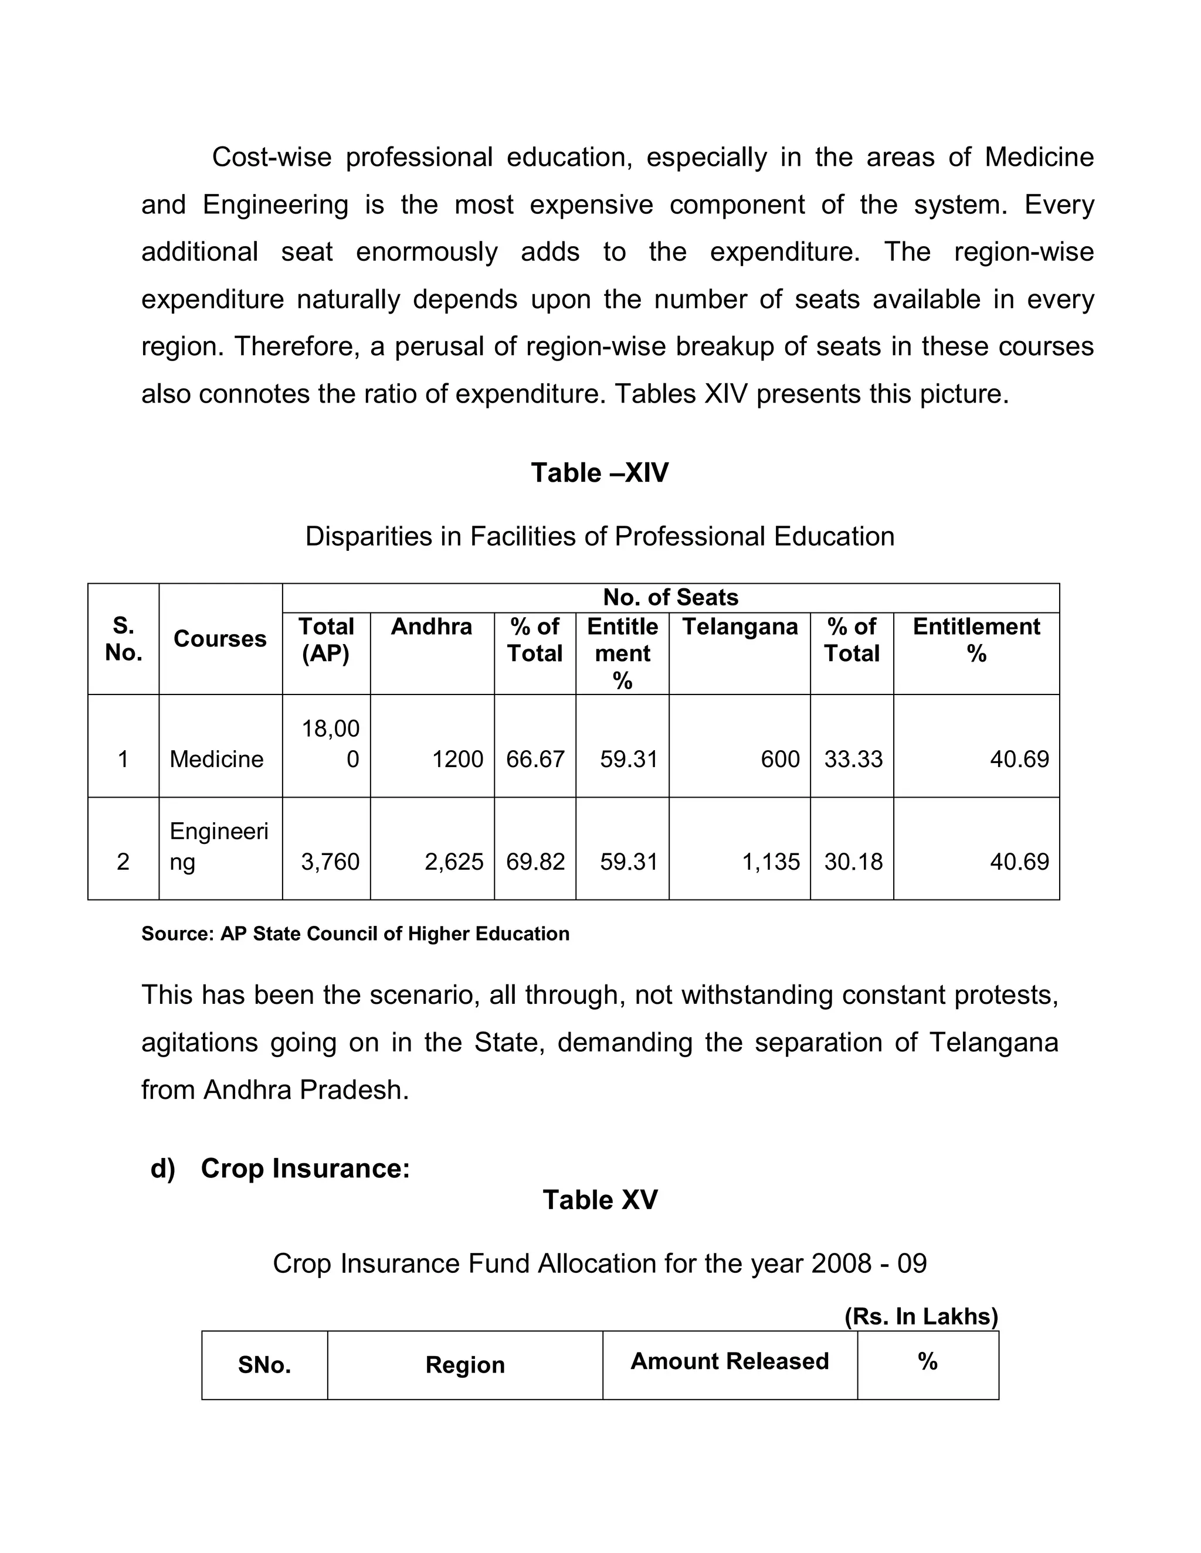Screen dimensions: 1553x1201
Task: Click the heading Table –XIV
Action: pos(599,473)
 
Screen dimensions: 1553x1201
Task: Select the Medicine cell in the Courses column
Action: pos(216,760)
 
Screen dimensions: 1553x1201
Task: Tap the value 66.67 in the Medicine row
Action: pos(535,760)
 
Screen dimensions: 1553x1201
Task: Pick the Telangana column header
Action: pos(739,626)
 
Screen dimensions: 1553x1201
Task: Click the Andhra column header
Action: pos(431,626)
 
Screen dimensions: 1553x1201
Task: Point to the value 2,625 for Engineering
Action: pos(454,862)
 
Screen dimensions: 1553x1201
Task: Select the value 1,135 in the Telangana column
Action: pos(771,862)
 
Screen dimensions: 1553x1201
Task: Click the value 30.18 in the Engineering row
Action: pos(853,862)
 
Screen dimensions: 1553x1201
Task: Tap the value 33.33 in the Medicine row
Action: pos(853,760)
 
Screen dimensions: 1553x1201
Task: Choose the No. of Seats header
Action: pos(670,597)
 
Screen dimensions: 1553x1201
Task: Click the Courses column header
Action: pos(220,639)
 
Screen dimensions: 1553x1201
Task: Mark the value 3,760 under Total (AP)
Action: pos(330,862)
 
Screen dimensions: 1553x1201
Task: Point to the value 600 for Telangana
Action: pos(780,760)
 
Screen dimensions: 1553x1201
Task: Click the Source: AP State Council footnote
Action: pos(355,934)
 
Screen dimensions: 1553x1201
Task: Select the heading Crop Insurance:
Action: pos(304,1169)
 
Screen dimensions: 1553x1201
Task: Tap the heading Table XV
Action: pos(600,1200)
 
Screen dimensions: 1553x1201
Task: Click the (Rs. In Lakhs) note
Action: pos(921,1316)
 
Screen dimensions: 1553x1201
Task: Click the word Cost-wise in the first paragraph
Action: pos(271,157)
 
